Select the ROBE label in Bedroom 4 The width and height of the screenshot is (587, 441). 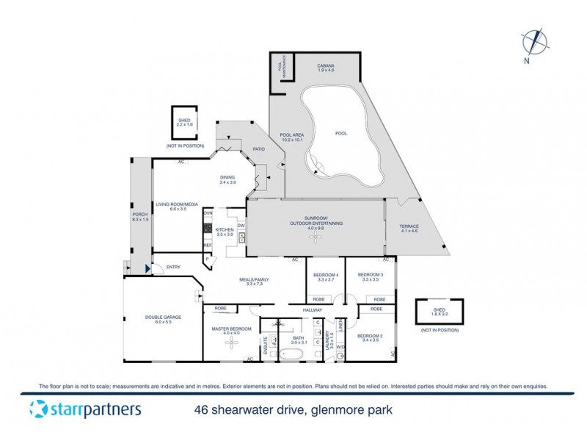319,300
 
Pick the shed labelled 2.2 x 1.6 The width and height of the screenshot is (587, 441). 183,122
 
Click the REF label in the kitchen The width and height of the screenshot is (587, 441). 208,245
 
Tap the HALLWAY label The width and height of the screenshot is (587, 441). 313,311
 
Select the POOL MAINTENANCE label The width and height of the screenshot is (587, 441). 280,68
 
